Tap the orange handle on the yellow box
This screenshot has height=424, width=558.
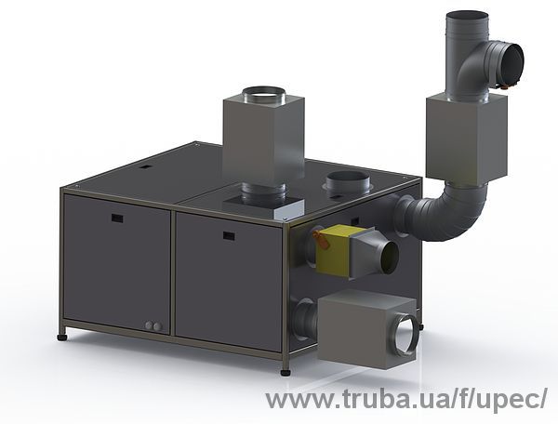tap(322, 239)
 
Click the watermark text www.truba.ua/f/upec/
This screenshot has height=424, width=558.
tap(405, 400)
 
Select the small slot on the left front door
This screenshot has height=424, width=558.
tap(117, 219)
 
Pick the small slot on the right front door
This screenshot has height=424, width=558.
tap(229, 235)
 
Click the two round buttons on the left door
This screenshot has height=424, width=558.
tap(153, 325)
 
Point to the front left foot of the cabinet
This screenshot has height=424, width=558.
tap(62, 337)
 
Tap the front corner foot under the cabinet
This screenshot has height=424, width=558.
tap(286, 372)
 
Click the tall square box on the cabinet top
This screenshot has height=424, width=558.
tap(263, 139)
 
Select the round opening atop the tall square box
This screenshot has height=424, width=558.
tap(263, 92)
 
